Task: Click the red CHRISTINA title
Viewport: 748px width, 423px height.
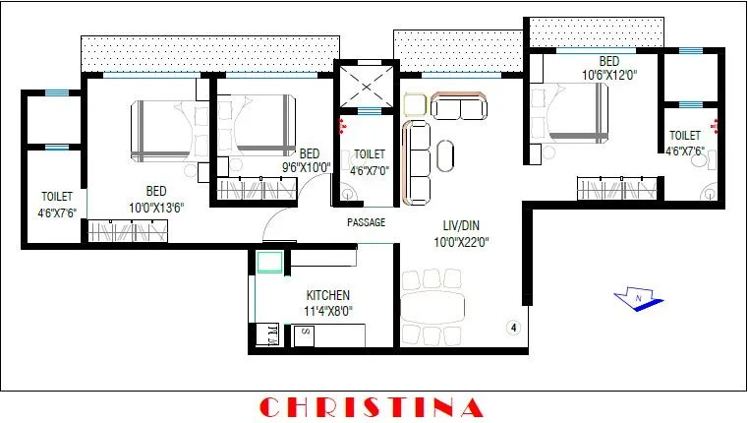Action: click(x=372, y=406)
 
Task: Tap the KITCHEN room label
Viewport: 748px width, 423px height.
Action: click(x=327, y=295)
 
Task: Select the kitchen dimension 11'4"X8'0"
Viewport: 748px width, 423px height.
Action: click(x=327, y=311)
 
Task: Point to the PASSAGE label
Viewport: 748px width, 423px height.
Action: click(x=366, y=223)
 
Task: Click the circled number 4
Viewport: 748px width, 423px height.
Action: click(x=512, y=328)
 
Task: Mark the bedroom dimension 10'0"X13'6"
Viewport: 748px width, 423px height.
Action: click(x=156, y=206)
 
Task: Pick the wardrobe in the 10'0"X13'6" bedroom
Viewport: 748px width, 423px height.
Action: click(x=128, y=232)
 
